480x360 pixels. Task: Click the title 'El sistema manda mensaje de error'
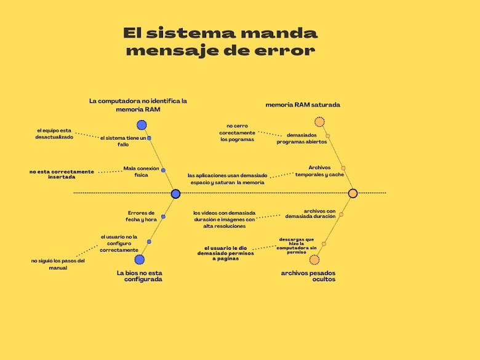(x=220, y=41)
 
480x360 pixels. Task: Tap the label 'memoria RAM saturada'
(x=303, y=105)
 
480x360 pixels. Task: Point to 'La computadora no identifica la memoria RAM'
(x=138, y=105)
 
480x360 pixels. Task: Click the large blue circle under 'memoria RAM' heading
(x=142, y=125)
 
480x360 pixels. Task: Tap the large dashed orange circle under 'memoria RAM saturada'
(x=319, y=122)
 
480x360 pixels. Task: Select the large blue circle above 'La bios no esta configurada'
(x=139, y=260)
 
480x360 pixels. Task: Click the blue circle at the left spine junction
(x=175, y=194)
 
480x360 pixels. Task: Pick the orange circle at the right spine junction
(x=353, y=193)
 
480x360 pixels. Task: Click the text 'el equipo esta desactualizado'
(x=54, y=134)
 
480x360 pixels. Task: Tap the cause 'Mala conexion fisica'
(x=141, y=172)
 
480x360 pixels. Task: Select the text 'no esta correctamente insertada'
(x=62, y=174)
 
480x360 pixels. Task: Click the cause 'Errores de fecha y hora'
(x=142, y=216)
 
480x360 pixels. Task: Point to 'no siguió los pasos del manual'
(x=58, y=264)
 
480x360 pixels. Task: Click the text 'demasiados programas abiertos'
(x=302, y=138)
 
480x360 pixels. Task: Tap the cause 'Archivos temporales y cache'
(x=319, y=170)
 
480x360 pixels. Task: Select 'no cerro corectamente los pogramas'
(x=237, y=132)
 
